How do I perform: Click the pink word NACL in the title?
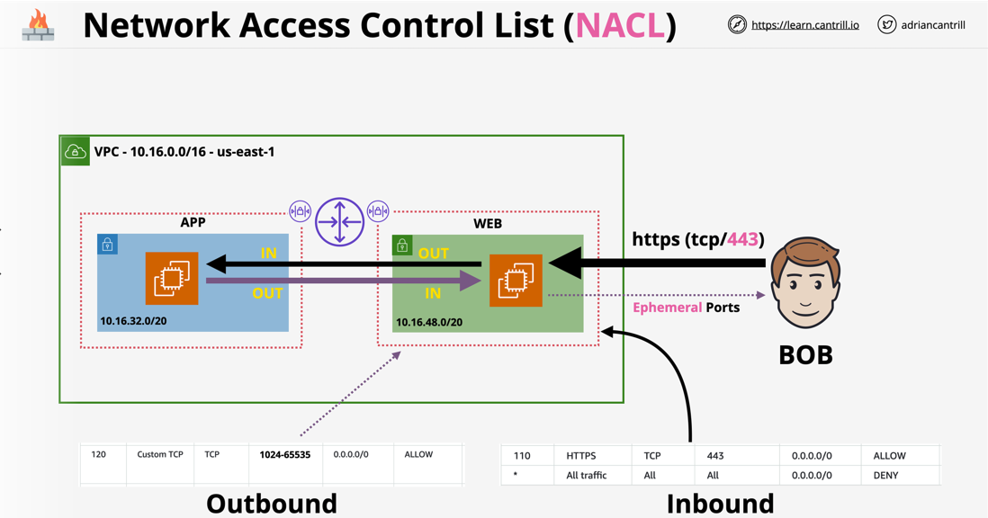pyautogui.click(x=620, y=25)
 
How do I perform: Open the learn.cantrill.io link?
pyautogui.click(x=804, y=25)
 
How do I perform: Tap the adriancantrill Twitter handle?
pyautogui.click(x=933, y=25)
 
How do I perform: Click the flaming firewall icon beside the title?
pyautogui.click(x=38, y=25)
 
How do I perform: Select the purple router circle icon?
pyautogui.click(x=339, y=221)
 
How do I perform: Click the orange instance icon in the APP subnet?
pyautogui.click(x=172, y=279)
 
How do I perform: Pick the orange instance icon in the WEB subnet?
pyautogui.click(x=516, y=281)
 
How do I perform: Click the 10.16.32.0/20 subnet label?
pyautogui.click(x=133, y=320)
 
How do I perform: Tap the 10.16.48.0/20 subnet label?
pyautogui.click(x=429, y=322)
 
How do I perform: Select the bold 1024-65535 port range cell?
pyautogui.click(x=284, y=455)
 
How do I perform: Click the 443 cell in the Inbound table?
pyautogui.click(x=715, y=456)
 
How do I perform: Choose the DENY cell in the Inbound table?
pyautogui.click(x=885, y=475)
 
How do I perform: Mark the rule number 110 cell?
pyautogui.click(x=522, y=456)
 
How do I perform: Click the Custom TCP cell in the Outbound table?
pyautogui.click(x=160, y=455)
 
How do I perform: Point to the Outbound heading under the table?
pyautogui.click(x=271, y=503)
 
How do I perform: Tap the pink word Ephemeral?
pyautogui.click(x=667, y=308)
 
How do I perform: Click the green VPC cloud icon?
pyautogui.click(x=75, y=151)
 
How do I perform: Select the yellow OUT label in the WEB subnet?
pyautogui.click(x=433, y=254)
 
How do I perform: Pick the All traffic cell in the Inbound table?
pyautogui.click(x=586, y=475)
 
